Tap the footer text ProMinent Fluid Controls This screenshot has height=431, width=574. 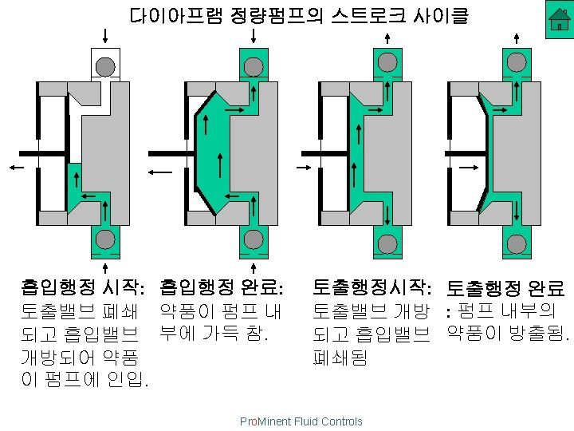point(301,421)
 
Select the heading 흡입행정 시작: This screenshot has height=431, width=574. point(83,287)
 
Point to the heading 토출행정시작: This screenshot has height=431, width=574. point(373,287)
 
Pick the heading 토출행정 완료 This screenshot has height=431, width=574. point(506,288)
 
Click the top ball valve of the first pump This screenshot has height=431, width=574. point(105,65)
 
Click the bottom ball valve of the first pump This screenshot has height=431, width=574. point(105,240)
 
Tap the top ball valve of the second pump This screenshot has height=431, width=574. point(254,65)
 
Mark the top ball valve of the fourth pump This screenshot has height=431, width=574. point(517,62)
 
